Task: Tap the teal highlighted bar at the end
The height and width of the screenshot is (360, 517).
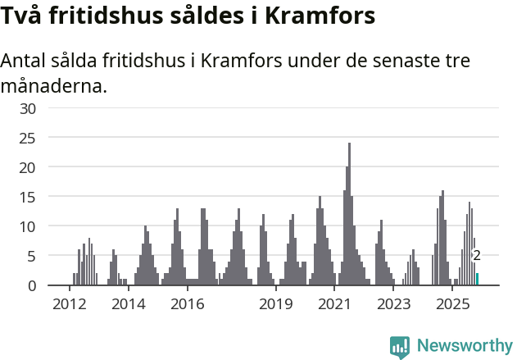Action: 478,280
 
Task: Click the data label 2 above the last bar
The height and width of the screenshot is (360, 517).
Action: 477,256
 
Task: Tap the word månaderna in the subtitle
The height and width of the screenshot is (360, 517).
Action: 54,86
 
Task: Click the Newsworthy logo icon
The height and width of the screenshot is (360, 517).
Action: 400,347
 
